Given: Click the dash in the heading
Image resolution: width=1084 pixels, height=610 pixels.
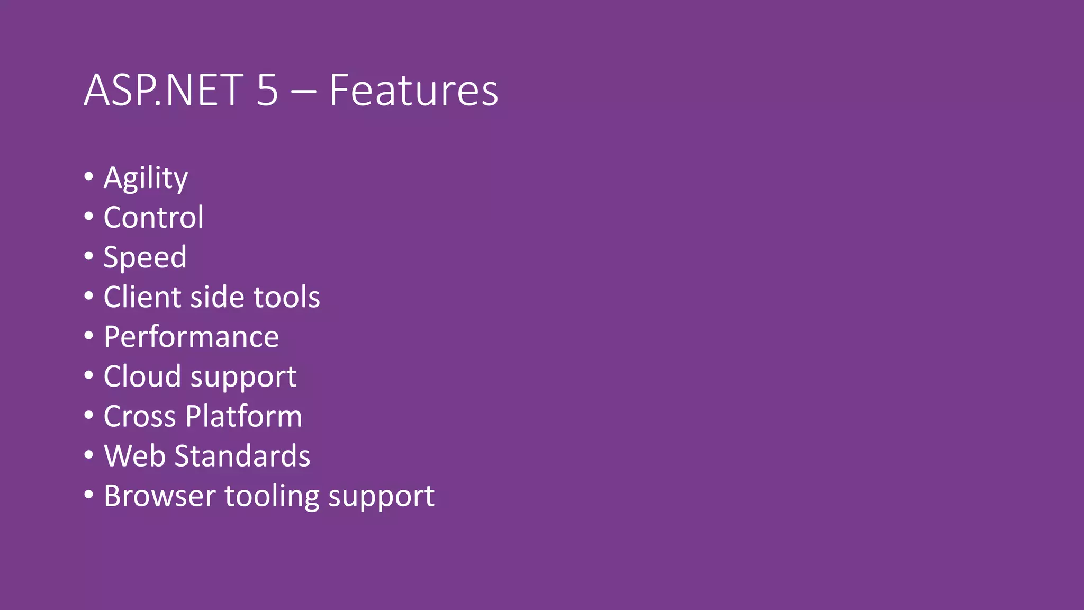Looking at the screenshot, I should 303,92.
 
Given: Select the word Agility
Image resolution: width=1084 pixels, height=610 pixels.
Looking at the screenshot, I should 146,178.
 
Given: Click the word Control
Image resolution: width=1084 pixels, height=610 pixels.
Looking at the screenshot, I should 153,217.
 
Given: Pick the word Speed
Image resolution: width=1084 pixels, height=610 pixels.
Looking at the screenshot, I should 145,257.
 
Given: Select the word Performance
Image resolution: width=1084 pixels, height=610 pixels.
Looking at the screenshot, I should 191,337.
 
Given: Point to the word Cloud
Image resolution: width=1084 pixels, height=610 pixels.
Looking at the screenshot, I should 142,376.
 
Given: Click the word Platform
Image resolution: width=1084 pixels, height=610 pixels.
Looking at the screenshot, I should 243,416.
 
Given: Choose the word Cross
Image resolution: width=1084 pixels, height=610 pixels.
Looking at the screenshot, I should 140,416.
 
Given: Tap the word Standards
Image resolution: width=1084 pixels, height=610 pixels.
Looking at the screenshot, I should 242,456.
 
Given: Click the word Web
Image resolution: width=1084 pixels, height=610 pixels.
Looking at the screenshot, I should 134,456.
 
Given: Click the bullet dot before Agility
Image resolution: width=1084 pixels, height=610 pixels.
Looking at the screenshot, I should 89,176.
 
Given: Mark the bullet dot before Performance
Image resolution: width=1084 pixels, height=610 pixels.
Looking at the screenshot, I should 89,336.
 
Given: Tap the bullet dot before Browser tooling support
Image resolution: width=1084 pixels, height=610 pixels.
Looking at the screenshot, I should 89,495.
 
